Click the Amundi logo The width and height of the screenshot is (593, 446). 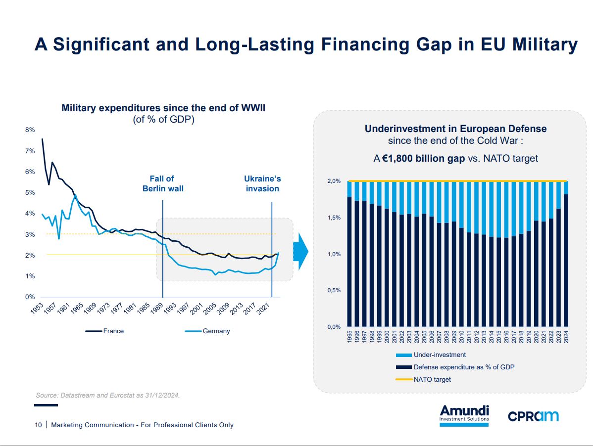(464, 414)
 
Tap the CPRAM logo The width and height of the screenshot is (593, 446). (533, 416)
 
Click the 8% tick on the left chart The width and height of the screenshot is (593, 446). (30, 130)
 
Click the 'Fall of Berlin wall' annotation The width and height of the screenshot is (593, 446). (163, 183)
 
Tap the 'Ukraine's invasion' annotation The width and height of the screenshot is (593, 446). (262, 183)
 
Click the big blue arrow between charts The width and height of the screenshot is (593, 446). (300, 252)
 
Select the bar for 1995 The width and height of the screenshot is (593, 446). (349, 262)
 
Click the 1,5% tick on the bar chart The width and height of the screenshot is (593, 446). (334, 218)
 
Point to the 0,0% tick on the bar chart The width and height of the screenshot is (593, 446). (334, 327)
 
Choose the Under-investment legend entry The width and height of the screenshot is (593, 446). (440, 355)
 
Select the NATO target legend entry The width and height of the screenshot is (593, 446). (432, 379)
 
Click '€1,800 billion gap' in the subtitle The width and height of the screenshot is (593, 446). (424, 159)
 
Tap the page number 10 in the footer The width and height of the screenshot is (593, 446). (38, 425)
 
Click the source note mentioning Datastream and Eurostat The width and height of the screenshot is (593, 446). (107, 395)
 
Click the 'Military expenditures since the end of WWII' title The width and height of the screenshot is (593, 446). (163, 108)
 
